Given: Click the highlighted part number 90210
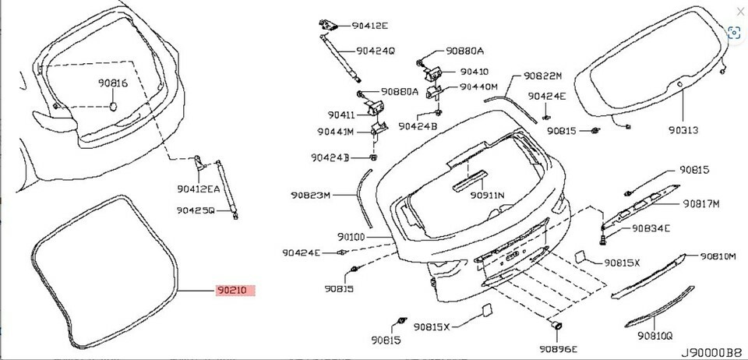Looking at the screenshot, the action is point(235,291).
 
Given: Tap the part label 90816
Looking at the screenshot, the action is point(113,83).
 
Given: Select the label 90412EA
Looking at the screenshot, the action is point(199,189).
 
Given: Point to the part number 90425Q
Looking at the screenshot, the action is point(196,210).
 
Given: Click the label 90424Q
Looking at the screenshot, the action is point(376,51).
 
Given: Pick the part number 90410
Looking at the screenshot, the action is point(475,72).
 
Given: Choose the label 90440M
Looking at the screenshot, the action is point(478,86).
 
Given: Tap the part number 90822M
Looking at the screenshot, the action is point(543,76).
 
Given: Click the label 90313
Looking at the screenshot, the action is point(683,129).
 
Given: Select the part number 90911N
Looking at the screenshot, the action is point(487,195).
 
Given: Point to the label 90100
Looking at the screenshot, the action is point(351,237).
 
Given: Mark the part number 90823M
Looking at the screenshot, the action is point(311,195).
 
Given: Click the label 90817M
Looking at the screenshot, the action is point(700,204).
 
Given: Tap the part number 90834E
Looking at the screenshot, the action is point(651,228).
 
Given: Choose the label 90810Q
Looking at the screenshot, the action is point(655,336).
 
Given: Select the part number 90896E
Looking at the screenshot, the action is point(559,349).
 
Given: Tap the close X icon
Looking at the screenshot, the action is point(740,12).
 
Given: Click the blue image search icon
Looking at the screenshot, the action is point(734,33).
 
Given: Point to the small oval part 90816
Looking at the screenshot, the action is point(114,106).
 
